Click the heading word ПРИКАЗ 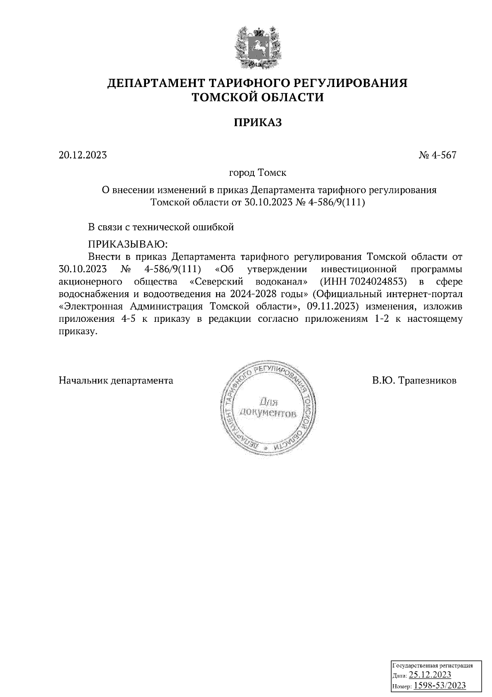257,122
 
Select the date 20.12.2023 83,155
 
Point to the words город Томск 257,173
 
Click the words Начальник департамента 116,381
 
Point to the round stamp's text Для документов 267,406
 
